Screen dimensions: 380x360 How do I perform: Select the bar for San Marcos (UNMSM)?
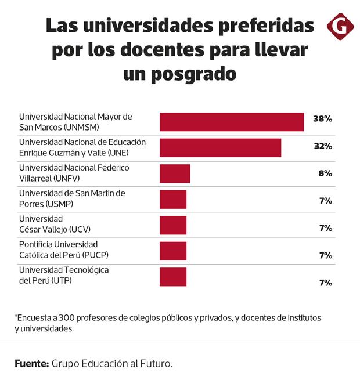tap(232, 122)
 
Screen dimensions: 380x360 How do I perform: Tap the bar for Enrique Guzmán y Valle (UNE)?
tap(220, 147)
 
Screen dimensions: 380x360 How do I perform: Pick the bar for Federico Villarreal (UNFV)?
tap(175, 173)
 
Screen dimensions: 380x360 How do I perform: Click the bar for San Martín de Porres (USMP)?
tap(173, 200)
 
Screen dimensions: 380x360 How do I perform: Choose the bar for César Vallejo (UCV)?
tap(173, 225)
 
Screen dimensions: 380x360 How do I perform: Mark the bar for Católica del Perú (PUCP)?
tap(173, 251)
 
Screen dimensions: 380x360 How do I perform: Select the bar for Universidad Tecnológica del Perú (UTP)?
tap(173, 277)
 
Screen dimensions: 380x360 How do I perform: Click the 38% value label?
tap(322, 118)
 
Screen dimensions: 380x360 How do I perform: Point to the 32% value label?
tap(322, 146)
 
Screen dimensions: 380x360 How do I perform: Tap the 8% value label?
tap(325, 173)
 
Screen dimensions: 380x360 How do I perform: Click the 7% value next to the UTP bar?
tap(325, 283)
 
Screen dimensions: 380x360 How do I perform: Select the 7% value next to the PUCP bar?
tap(325, 255)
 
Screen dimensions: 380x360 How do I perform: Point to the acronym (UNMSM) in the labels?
tap(80, 126)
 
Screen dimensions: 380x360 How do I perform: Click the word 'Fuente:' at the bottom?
tap(31, 364)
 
